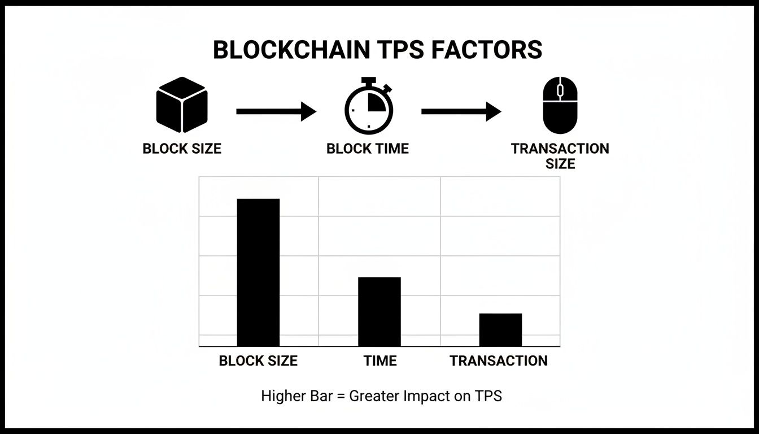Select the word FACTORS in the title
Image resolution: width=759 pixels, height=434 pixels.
(486, 50)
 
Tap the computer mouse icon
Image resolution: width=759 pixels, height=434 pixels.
(560, 106)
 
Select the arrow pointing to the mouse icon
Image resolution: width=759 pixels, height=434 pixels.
(461, 111)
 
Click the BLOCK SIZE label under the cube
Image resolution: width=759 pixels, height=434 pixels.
(182, 149)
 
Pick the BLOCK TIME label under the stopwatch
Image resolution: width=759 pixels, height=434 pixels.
(368, 149)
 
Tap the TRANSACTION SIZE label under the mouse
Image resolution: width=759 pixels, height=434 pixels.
(560, 156)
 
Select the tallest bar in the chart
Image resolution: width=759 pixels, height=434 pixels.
(258, 272)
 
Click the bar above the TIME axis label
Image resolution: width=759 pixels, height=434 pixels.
(380, 311)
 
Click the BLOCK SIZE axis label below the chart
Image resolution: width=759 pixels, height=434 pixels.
(258, 361)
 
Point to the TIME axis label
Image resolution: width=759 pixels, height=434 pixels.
(380, 361)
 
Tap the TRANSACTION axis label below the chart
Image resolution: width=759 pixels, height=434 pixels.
(499, 361)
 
